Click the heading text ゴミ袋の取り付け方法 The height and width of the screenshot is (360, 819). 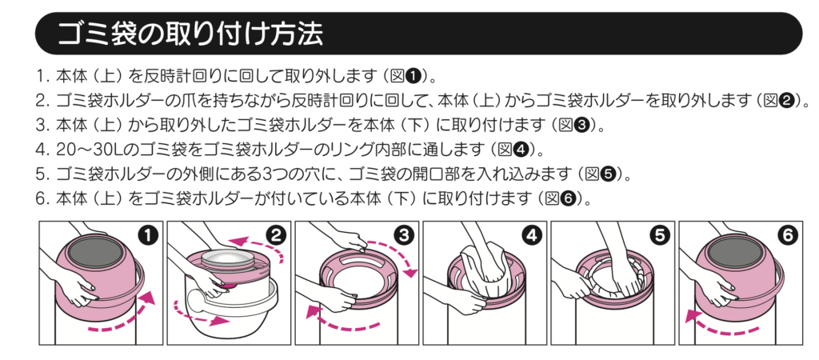tap(190, 34)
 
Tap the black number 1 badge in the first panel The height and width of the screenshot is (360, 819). tap(146, 235)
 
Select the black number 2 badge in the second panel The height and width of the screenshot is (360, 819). tap(274, 235)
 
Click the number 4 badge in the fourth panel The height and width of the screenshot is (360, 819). tap(530, 235)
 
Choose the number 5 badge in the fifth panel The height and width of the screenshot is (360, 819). tap(658, 235)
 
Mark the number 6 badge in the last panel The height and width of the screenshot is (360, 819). tap(786, 235)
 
